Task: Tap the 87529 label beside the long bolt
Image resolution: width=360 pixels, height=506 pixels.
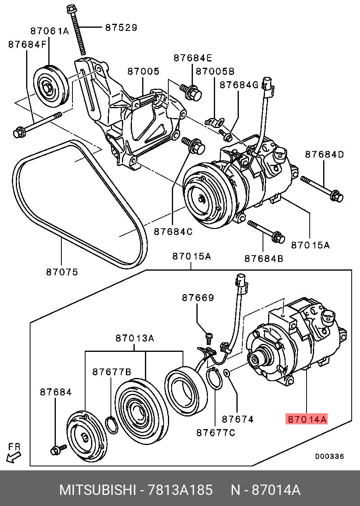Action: point(121,28)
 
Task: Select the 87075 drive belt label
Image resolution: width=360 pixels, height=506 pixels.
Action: point(62,272)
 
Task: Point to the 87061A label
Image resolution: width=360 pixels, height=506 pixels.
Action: point(50,31)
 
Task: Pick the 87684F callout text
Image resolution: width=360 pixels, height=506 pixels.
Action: point(27,45)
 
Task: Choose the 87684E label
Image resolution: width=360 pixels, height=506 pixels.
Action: point(193,58)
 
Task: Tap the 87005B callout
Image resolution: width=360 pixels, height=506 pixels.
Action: point(215,71)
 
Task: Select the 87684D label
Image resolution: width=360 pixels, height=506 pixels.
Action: point(324,154)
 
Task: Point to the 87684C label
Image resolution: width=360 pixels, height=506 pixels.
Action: point(173,231)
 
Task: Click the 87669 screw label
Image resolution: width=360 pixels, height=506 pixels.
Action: point(198,297)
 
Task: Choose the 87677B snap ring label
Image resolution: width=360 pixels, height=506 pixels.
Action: point(112,372)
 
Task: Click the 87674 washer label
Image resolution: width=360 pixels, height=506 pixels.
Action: point(238,419)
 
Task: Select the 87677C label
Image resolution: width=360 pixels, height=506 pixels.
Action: point(215,432)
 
